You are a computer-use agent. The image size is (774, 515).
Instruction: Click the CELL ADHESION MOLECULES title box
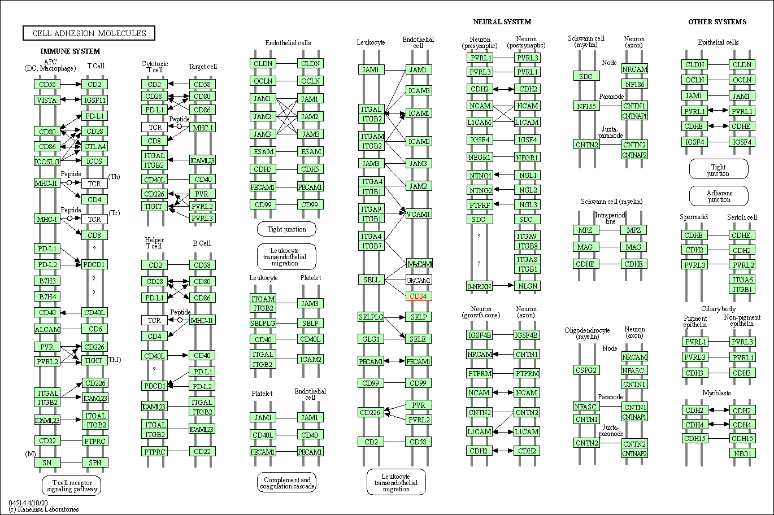89,33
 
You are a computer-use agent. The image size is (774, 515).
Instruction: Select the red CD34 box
418,296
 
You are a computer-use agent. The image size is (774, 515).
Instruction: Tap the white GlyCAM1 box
419,280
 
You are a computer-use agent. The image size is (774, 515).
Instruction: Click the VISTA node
47,100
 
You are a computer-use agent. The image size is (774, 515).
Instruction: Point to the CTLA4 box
94,146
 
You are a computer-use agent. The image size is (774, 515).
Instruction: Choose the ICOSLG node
47,162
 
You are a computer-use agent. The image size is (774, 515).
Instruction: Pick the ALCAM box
47,329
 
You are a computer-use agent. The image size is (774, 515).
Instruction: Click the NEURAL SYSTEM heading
502,22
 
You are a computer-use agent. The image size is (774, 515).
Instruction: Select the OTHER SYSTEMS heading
717,22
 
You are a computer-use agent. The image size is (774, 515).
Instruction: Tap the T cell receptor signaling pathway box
71,486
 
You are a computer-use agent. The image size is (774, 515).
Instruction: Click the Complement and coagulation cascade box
286,483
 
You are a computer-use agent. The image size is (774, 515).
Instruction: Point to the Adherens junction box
719,196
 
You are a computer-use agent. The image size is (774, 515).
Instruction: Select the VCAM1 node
419,214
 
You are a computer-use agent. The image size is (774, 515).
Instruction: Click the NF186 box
634,84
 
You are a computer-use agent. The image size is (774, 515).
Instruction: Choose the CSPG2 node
586,370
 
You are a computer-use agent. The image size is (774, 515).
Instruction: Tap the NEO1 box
742,453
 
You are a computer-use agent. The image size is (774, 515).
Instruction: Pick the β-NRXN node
479,286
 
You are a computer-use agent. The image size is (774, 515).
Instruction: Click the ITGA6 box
742,280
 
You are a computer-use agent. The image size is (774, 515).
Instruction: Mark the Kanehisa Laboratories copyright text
44,509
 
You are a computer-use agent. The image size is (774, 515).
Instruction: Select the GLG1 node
371,339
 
